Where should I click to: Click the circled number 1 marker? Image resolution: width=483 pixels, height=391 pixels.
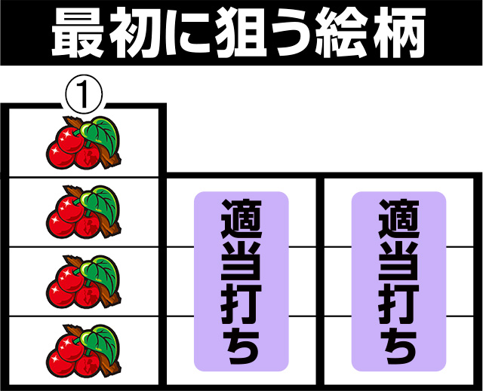point(84,94)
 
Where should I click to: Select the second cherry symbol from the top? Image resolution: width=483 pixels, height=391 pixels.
point(83,212)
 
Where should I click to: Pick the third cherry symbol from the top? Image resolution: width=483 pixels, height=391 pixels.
point(83,281)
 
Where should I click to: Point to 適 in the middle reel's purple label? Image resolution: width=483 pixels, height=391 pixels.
point(241,219)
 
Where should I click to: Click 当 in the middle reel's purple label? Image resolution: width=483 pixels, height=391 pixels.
point(241,261)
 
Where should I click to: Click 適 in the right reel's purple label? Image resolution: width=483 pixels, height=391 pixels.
point(399,219)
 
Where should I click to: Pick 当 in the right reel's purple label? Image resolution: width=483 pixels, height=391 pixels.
point(399,261)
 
